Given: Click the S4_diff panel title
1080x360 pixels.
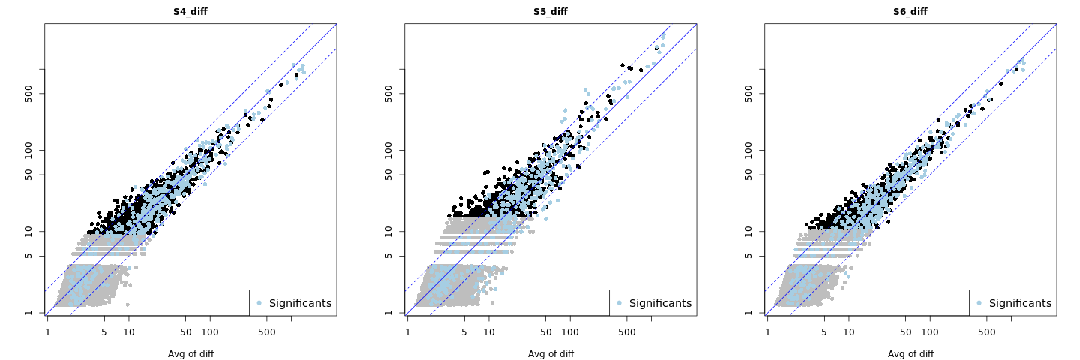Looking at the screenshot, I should pos(190,12).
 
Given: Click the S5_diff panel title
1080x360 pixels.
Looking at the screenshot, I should pos(550,12).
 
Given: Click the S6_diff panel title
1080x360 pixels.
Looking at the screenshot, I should pos(910,12).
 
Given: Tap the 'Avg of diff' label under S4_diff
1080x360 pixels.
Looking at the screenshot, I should pos(190,354).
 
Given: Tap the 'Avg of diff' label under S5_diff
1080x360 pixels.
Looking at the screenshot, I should pos(550,354).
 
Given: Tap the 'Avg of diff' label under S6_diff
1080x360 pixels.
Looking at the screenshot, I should pos(910,354).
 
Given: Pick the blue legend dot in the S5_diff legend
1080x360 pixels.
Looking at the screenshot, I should pos(619,303).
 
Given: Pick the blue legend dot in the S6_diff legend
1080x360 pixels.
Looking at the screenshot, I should pos(979,303).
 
